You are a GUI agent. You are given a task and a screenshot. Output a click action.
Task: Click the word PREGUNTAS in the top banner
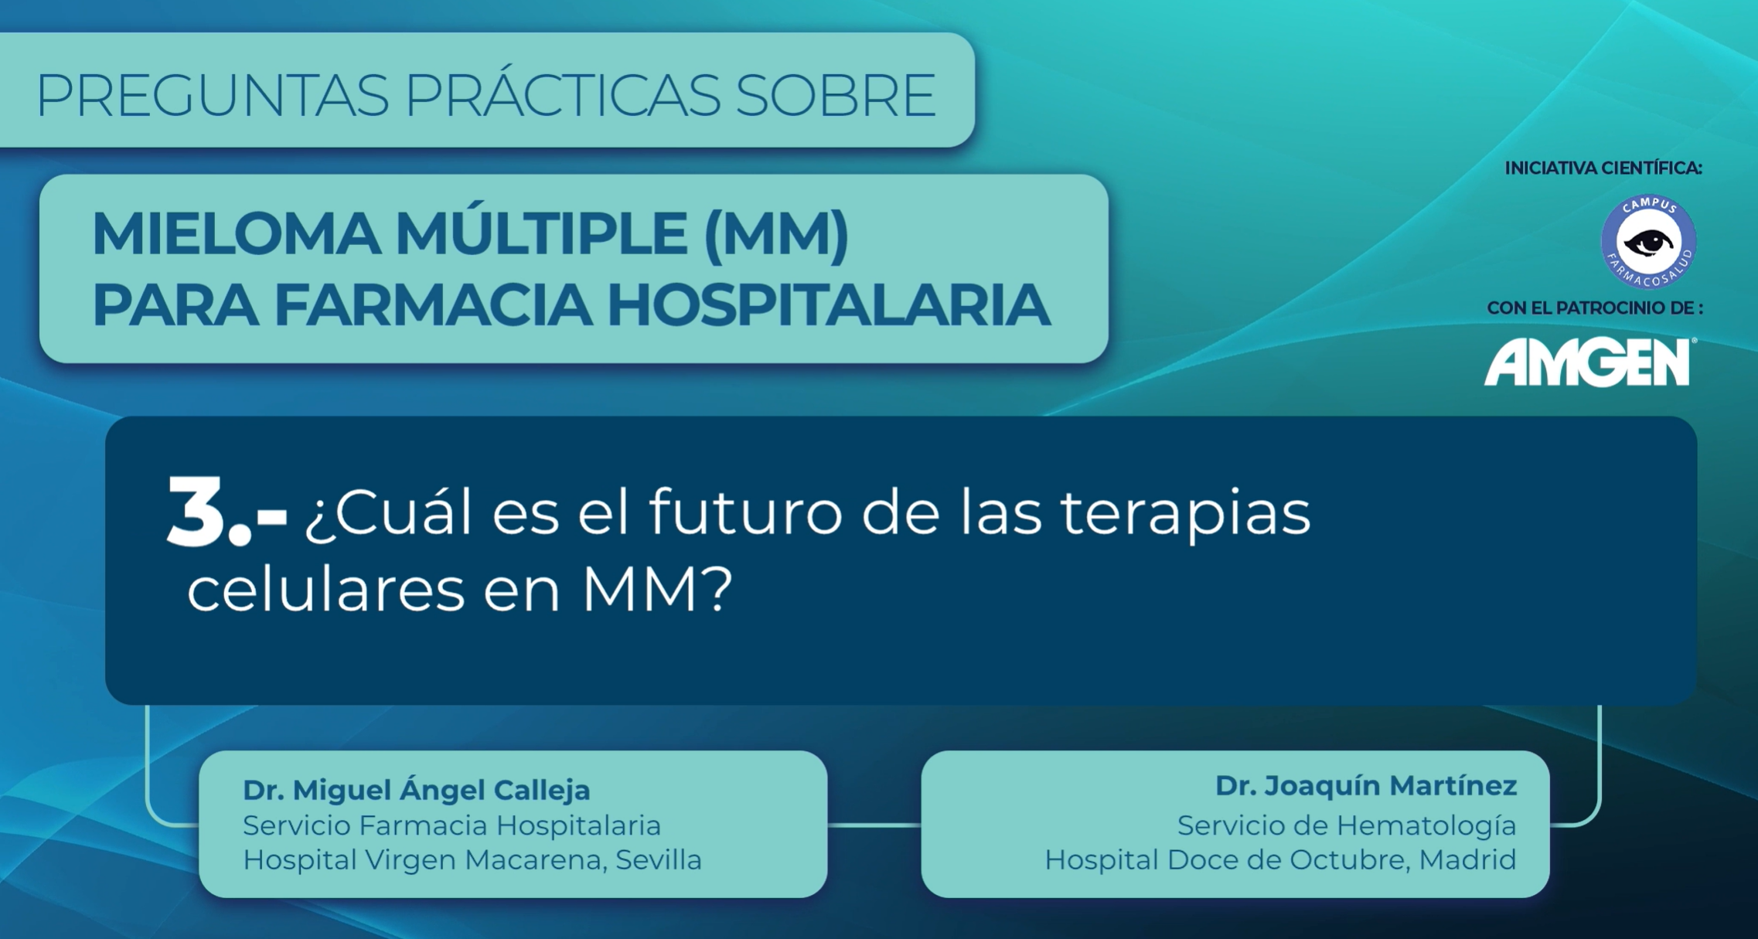pyautogui.click(x=213, y=95)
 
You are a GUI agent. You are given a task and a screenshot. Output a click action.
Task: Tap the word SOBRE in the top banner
pyautogui.click(x=836, y=95)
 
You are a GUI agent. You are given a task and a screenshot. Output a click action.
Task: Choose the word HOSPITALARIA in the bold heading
pyautogui.click(x=829, y=306)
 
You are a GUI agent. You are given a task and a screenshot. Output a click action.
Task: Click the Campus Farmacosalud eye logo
pyautogui.click(x=1648, y=242)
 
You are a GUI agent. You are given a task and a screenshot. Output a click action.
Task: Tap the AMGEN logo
pyautogui.click(x=1589, y=362)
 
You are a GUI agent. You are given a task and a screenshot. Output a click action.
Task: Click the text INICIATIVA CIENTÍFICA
pyautogui.click(x=1603, y=168)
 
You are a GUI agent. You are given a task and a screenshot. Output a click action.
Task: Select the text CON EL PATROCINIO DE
pyautogui.click(x=1595, y=308)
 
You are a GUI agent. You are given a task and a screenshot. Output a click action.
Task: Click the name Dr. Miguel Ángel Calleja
pyautogui.click(x=417, y=790)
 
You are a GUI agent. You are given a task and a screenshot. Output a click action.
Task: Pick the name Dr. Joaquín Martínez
pyautogui.click(x=1366, y=785)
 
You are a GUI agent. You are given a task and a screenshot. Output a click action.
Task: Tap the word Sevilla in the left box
pyautogui.click(x=659, y=859)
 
